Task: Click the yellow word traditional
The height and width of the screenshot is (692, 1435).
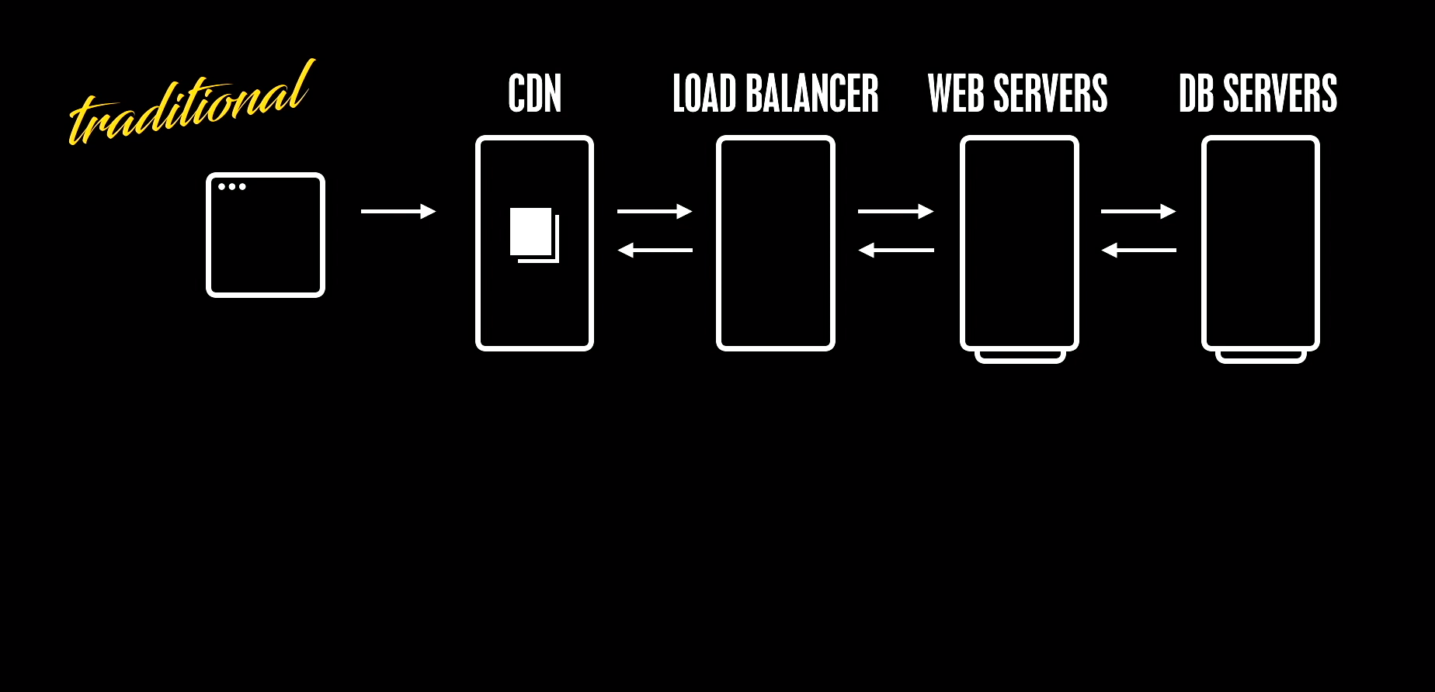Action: (x=190, y=105)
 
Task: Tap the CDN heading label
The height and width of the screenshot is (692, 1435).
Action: (x=534, y=94)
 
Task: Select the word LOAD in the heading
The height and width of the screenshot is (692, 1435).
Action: (x=704, y=94)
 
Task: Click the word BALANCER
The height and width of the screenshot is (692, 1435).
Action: (x=811, y=94)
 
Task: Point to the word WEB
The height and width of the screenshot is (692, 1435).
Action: (x=956, y=94)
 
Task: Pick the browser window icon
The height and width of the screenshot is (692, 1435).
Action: (x=265, y=235)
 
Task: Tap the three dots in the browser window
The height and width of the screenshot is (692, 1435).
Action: (x=231, y=186)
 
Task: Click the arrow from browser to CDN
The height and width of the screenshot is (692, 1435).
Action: (x=398, y=211)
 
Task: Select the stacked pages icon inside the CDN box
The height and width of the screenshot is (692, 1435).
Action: (x=533, y=234)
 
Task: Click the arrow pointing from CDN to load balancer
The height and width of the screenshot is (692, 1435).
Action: (x=655, y=211)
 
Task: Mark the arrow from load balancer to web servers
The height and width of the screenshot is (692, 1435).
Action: (x=895, y=211)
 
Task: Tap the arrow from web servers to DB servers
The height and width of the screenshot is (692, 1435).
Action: (x=1138, y=211)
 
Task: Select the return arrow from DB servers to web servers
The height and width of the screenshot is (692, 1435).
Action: (x=1138, y=250)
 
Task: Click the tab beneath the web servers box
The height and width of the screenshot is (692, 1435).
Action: (x=1020, y=358)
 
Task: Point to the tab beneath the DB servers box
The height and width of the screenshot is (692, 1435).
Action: (x=1260, y=358)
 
